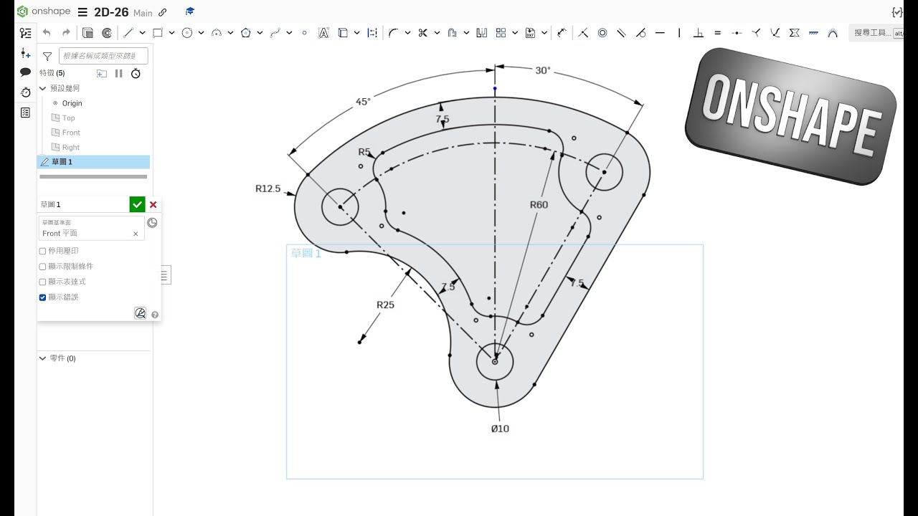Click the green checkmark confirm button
click(137, 204)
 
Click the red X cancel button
click(153, 204)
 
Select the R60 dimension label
click(539, 205)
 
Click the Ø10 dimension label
click(500, 429)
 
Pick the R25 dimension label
click(385, 305)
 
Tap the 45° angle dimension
click(363, 102)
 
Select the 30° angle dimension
click(543, 70)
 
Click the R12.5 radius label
click(268, 188)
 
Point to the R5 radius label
click(364, 152)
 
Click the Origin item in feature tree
click(72, 103)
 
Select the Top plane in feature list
click(68, 118)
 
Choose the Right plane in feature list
click(70, 148)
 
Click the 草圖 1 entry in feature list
click(62, 162)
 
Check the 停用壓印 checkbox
click(42, 252)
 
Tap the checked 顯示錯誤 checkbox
click(42, 297)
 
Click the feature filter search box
click(103, 56)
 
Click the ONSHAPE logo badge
click(790, 117)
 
